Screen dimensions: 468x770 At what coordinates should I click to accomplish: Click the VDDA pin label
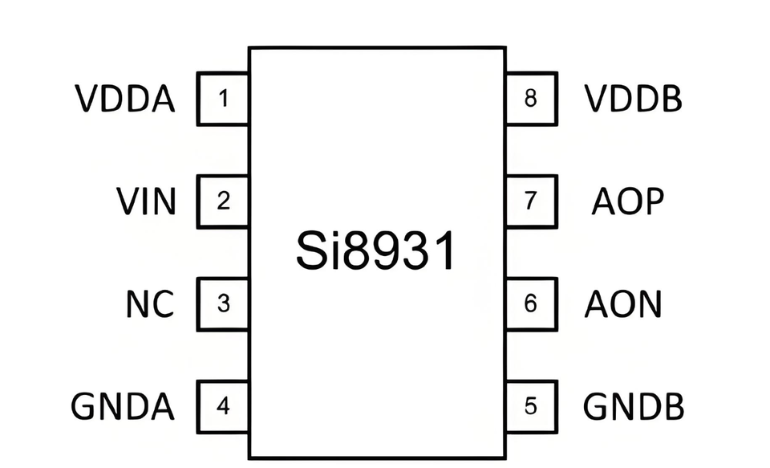point(125,100)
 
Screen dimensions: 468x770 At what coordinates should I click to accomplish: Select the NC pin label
point(150,304)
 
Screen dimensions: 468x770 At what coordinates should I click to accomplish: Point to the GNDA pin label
point(123,407)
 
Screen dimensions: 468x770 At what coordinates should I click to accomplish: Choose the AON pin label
point(623,304)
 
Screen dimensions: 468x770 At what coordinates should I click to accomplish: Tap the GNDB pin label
point(634,407)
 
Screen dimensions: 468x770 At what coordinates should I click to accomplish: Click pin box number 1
point(223,100)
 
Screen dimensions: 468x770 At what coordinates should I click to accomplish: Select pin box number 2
point(223,201)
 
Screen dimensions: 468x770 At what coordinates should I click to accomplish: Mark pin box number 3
point(223,304)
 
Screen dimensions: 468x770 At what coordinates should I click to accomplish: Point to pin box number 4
point(223,407)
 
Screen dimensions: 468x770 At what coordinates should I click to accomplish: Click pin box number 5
point(530,407)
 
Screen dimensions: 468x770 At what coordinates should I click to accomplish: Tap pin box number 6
point(530,304)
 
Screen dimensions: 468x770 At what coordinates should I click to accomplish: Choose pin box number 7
point(530,201)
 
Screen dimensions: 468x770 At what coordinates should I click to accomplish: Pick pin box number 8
point(530,100)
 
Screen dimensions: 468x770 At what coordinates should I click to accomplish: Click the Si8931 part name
point(375,252)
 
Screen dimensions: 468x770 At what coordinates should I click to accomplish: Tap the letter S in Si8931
point(310,252)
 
